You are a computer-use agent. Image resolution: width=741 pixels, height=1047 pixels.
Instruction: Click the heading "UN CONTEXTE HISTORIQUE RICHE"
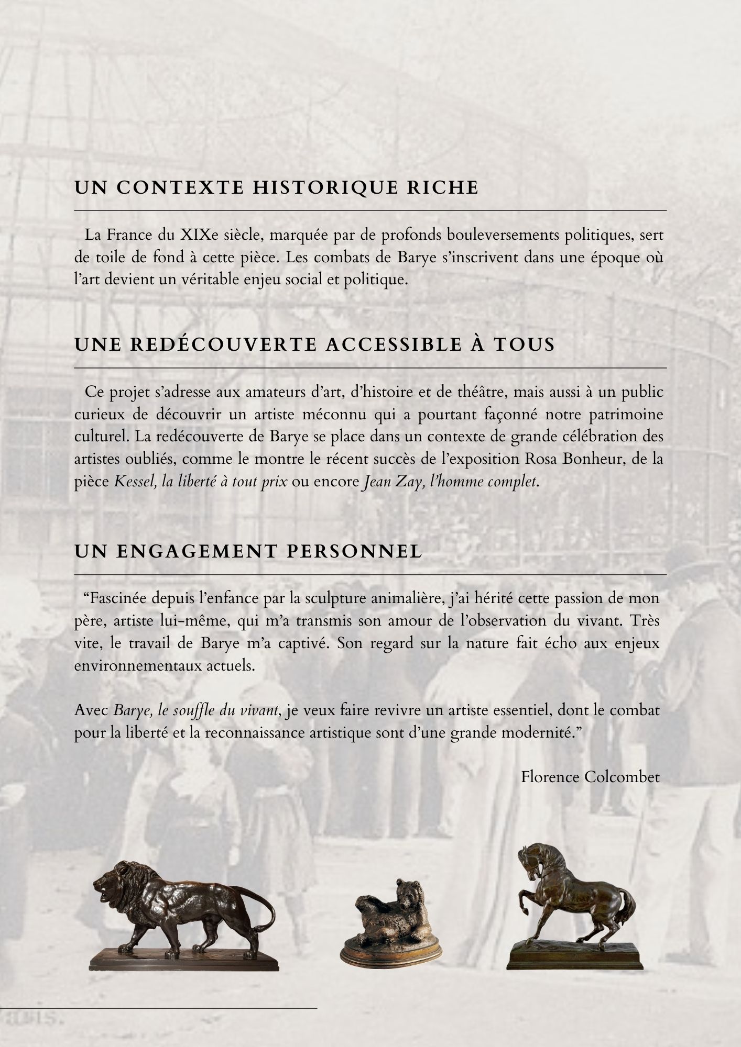[277, 188]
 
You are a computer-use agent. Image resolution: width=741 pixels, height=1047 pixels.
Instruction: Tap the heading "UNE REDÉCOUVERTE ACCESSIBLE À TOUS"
[314, 345]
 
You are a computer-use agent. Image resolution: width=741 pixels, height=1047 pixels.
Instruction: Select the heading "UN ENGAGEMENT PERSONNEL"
[248, 551]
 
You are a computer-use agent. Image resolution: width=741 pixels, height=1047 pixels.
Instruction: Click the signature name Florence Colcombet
[590, 777]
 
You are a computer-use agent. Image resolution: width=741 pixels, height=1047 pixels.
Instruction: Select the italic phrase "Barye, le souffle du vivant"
[195, 710]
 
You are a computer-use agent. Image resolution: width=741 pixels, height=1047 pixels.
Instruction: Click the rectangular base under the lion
[183, 957]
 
